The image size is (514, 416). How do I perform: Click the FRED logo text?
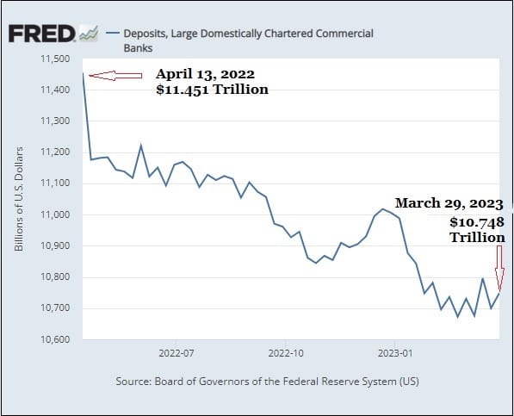point(41,34)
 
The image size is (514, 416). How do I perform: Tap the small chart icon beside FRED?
point(89,34)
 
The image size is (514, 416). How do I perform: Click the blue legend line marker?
point(113,33)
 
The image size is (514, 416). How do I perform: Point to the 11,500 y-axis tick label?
point(55,59)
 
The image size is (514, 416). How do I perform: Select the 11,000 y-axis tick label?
point(55,214)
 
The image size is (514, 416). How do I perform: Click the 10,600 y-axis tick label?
point(55,339)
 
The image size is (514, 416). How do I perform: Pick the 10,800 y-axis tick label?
point(55,277)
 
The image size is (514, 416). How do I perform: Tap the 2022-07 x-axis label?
point(176,353)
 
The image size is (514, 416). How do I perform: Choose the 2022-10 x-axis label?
point(286,353)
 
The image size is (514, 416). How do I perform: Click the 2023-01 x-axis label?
point(395,353)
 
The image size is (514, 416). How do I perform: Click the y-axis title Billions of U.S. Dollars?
point(19,199)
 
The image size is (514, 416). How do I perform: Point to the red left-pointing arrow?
point(115,76)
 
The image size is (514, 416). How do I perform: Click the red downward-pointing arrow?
point(499,269)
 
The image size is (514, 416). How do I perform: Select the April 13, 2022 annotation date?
point(205,74)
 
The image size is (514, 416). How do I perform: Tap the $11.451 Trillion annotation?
point(212,90)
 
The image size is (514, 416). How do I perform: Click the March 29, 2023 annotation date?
point(449,203)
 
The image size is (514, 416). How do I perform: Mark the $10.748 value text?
point(477,222)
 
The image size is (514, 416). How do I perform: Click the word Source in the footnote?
point(133,382)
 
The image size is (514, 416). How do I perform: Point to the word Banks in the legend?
point(138,48)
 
